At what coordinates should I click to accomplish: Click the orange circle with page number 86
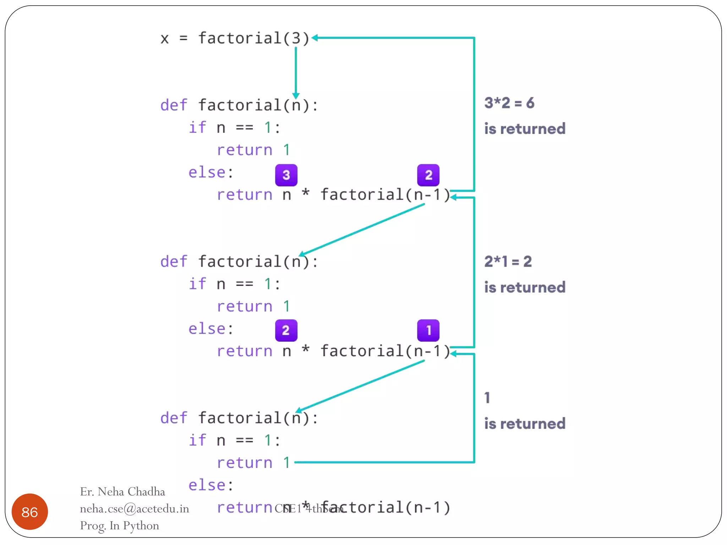29,512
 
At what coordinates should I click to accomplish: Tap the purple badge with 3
286,175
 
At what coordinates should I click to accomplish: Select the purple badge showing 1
428,330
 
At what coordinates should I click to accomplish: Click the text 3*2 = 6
509,103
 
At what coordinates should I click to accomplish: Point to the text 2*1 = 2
508,262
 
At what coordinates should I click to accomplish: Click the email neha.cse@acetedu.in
134,509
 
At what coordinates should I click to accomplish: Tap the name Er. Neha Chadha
122,492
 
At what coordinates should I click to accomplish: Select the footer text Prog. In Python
119,525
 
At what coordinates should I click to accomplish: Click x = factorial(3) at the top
235,38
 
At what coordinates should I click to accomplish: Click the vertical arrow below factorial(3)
296,71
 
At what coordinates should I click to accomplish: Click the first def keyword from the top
173,105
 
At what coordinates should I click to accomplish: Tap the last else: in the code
211,485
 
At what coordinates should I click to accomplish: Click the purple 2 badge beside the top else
428,175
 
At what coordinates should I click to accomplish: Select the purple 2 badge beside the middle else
286,330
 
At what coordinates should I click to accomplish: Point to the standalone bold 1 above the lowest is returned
487,398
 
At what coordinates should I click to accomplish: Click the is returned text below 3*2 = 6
525,129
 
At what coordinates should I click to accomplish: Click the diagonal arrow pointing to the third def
360,386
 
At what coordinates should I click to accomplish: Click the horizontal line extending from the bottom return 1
383,462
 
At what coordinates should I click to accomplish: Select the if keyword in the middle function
197,284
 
